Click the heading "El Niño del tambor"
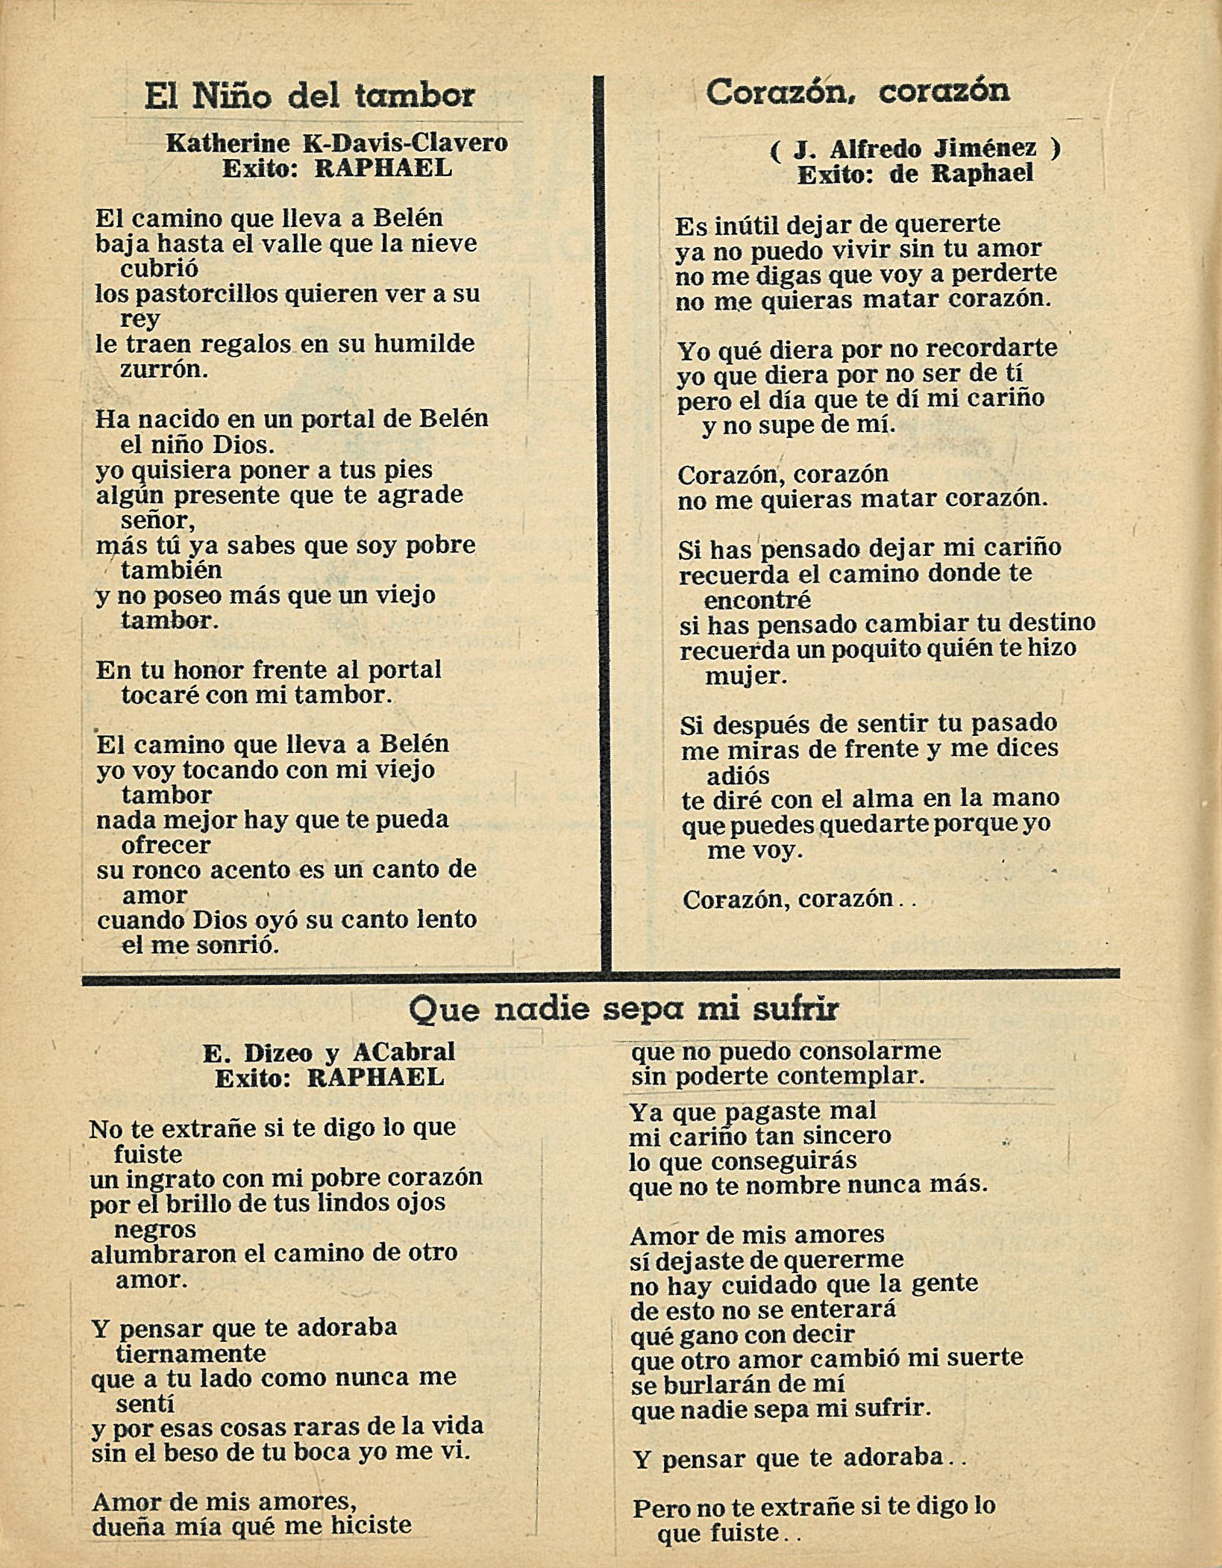coord(310,96)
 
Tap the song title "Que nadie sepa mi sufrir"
coord(623,1009)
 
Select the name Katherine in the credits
coord(228,143)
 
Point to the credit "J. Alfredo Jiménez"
coord(915,149)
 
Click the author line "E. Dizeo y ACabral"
coord(329,1052)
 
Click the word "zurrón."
coord(164,369)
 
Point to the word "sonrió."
coord(236,946)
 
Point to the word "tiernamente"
coord(191,1352)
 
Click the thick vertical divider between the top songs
coord(602,522)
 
